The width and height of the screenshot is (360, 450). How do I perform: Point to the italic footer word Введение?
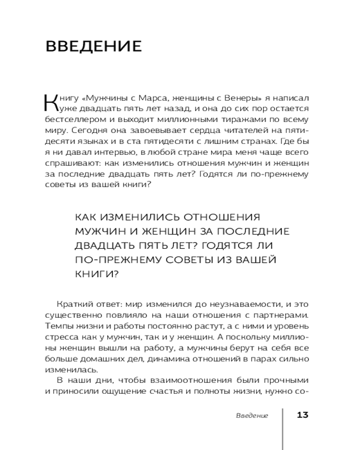(x=252, y=415)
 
